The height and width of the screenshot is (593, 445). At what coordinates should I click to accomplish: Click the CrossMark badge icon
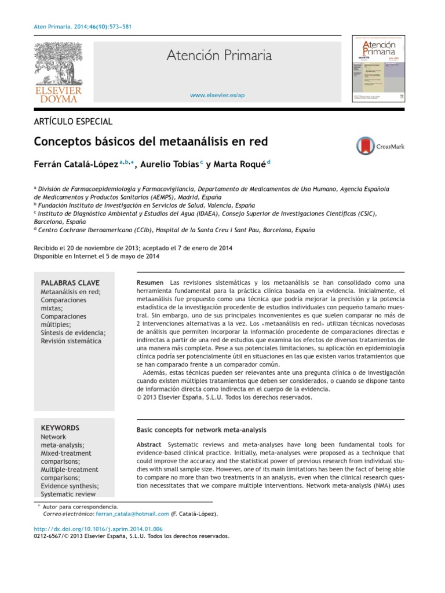click(366, 146)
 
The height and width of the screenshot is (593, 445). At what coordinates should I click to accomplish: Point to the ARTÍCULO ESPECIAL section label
click(74, 122)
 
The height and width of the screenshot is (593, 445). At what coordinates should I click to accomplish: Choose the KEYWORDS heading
click(60, 428)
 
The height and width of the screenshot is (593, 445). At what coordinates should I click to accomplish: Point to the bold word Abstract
click(149, 444)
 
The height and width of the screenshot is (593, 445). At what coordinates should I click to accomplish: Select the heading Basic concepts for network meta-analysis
click(201, 430)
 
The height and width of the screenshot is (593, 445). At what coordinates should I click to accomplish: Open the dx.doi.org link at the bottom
click(99, 529)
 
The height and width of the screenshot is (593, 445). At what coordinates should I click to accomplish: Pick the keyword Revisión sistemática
click(71, 341)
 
